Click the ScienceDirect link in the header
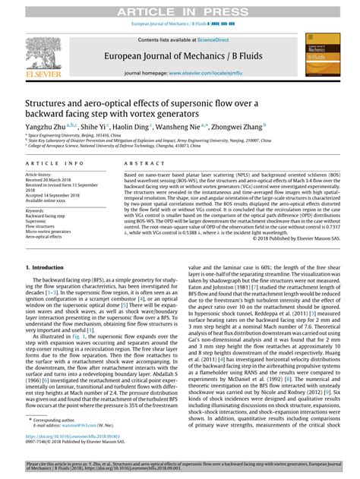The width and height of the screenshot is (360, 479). [215, 39]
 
